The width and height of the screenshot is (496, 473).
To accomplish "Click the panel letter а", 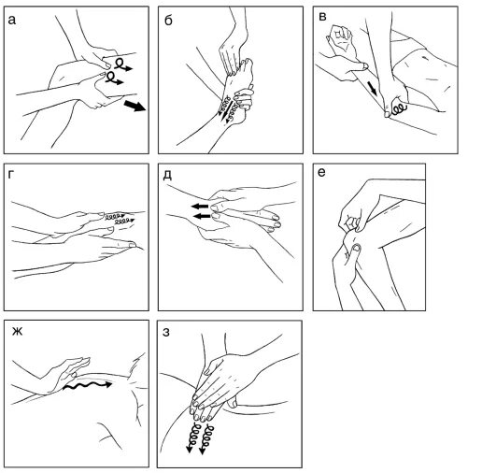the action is [x=12, y=21].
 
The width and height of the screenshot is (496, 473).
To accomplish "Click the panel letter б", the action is [x=168, y=20].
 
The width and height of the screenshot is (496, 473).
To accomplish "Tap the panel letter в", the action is [x=322, y=17].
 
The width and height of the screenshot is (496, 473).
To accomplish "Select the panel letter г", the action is [x=11, y=175].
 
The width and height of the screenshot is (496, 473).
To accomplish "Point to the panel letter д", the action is [x=167, y=175].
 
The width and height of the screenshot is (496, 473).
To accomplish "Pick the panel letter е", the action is [x=321, y=173].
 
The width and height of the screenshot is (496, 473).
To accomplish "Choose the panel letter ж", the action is [x=17, y=332].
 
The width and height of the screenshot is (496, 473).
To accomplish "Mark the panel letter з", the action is [x=166, y=332].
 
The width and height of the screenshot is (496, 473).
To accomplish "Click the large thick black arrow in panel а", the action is [x=135, y=106].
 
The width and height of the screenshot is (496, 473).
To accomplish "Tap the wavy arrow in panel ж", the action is [x=87, y=385].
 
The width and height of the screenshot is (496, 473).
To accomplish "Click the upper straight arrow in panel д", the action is [x=200, y=207].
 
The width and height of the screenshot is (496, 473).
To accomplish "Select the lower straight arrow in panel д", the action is [x=202, y=217].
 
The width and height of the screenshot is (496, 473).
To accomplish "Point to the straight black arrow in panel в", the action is [x=373, y=88].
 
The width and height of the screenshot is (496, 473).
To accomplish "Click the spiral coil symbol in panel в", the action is [x=399, y=108].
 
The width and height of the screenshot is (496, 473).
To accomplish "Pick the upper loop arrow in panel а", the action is [x=122, y=64].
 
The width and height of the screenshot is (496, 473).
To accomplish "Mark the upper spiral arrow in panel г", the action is [x=115, y=216].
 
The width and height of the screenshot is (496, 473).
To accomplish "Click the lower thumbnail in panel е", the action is [x=357, y=248].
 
